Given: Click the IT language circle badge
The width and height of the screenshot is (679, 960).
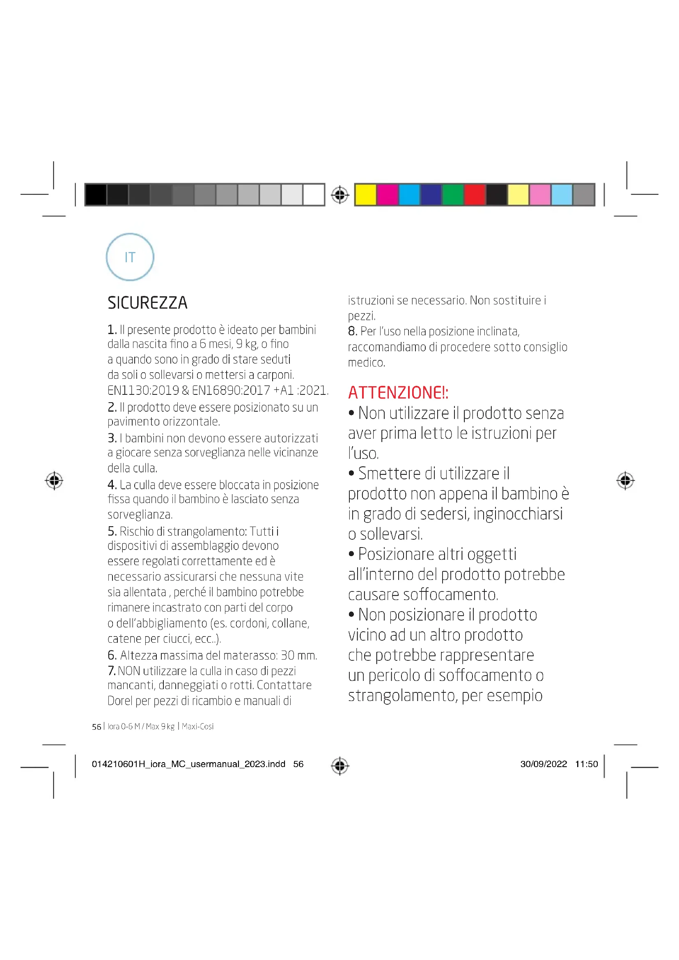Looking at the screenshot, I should click(x=130, y=257).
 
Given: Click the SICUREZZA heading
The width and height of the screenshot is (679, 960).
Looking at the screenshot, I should click(x=147, y=303).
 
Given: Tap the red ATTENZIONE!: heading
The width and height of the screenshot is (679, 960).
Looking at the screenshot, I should click(x=398, y=393).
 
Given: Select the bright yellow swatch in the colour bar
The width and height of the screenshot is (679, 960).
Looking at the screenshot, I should click(x=365, y=195).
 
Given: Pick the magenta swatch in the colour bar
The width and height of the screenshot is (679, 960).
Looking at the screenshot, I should click(x=387, y=195).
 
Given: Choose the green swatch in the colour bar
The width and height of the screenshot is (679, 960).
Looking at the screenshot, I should click(x=452, y=195).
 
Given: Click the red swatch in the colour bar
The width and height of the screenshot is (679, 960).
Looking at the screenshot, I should click(x=474, y=195).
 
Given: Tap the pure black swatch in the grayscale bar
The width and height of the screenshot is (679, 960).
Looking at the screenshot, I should click(x=96, y=195).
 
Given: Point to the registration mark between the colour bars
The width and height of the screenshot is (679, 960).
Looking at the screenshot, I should click(x=339, y=195).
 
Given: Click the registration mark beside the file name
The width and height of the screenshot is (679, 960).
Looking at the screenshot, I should click(x=339, y=765).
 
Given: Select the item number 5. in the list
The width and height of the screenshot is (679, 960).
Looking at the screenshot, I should click(x=112, y=531).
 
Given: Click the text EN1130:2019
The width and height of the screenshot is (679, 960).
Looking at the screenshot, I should click(x=143, y=390).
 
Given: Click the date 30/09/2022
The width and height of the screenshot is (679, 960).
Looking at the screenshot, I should click(x=543, y=764).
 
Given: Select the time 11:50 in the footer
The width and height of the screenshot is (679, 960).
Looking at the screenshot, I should click(x=586, y=764).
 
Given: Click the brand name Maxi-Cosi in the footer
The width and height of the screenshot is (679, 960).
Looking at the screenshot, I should click(x=197, y=726).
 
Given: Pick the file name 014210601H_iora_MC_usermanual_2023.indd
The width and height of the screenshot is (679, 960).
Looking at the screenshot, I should click(x=188, y=764).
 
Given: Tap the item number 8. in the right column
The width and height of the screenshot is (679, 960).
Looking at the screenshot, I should click(x=353, y=331).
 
